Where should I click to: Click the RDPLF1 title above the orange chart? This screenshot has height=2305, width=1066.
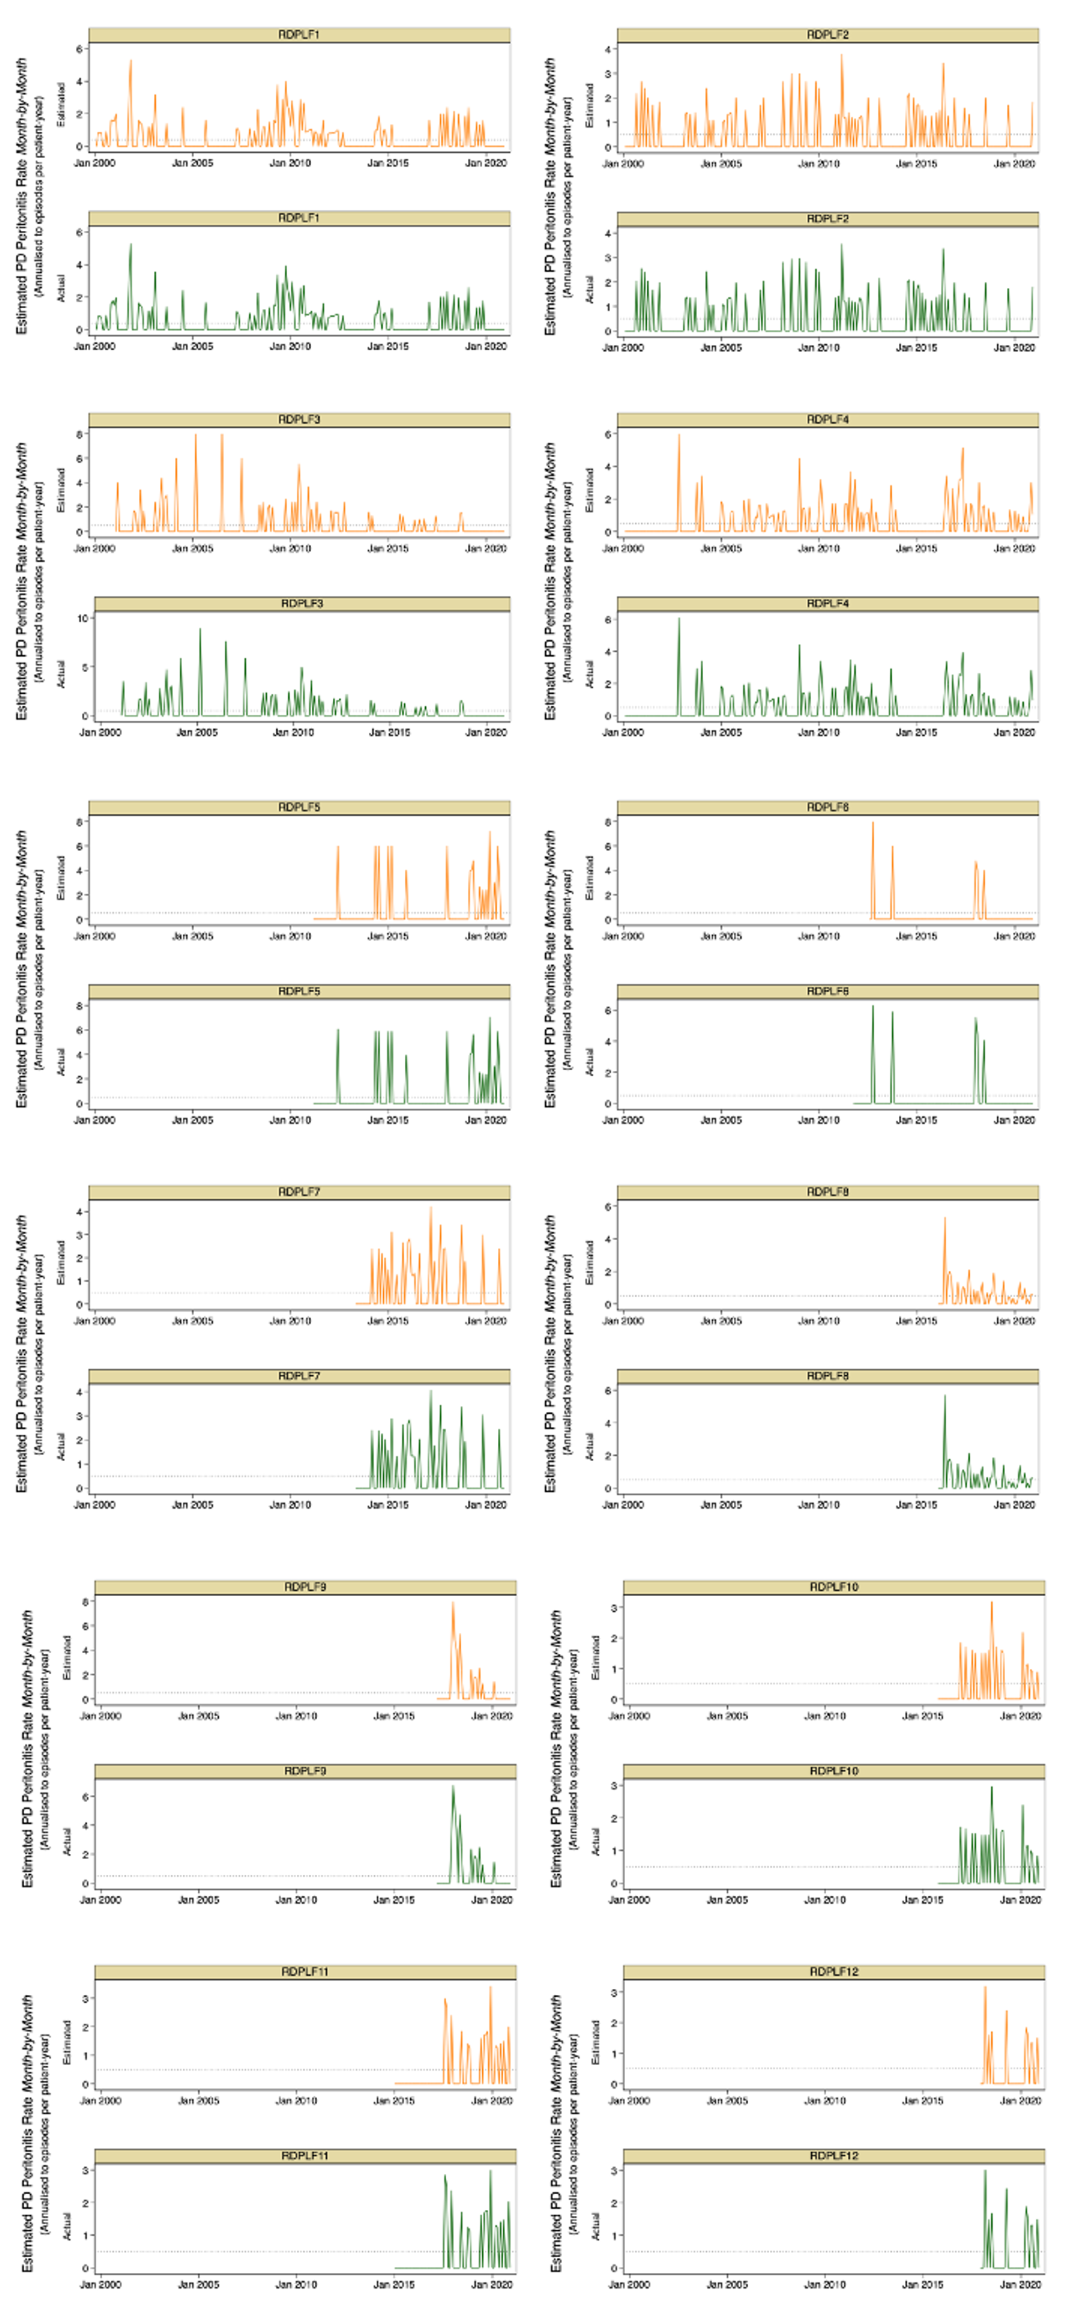(299, 35)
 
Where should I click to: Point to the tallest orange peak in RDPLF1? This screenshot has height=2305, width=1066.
(130, 62)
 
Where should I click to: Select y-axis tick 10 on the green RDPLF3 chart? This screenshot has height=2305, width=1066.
(83, 618)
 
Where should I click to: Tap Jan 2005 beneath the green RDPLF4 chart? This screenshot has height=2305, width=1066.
(721, 732)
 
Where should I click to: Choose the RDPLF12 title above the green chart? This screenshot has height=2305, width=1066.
(833, 2155)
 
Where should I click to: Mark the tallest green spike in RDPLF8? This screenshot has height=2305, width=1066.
(944, 1397)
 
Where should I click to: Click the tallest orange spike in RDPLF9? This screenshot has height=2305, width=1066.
(453, 1603)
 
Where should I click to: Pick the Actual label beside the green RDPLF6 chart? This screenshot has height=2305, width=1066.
(589, 1061)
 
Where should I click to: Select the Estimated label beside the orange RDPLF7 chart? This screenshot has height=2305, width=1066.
(61, 1262)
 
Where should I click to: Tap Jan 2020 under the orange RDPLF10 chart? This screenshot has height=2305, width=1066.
(1020, 1716)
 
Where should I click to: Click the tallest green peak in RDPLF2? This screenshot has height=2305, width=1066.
(841, 245)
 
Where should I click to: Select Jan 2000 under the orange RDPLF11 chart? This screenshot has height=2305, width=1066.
(100, 2100)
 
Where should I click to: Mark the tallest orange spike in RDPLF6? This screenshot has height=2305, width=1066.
(873, 823)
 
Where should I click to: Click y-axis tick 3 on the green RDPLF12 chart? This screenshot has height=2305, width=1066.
(615, 2171)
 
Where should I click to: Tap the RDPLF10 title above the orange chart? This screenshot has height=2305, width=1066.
(833, 1586)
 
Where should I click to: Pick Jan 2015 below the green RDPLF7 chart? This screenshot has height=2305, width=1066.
(388, 1504)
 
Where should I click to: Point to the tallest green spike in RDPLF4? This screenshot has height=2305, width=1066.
(679, 619)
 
